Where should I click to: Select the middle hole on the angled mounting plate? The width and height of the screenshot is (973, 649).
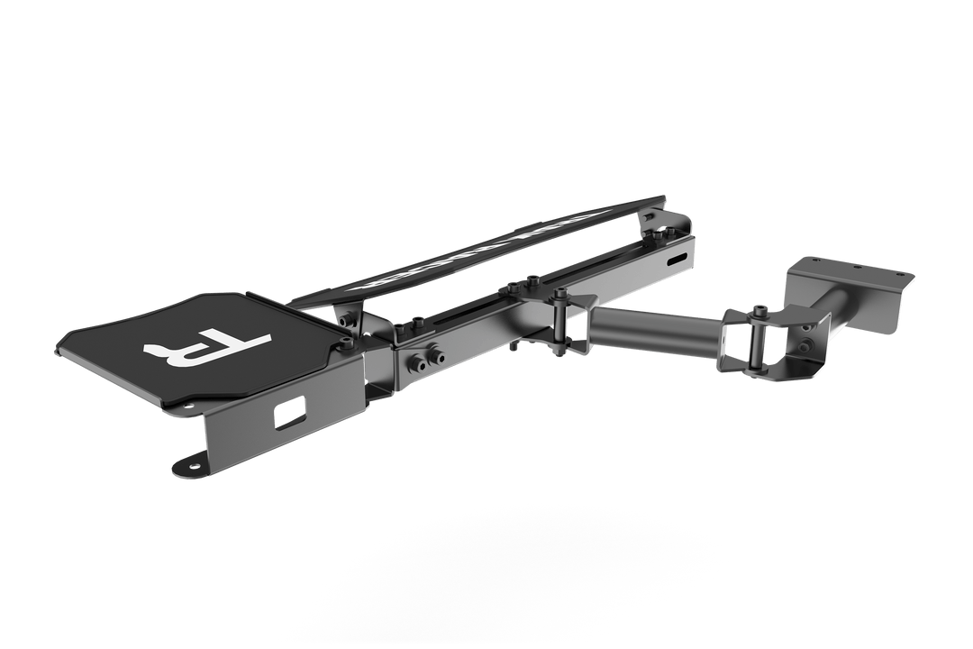tap(853, 268)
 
